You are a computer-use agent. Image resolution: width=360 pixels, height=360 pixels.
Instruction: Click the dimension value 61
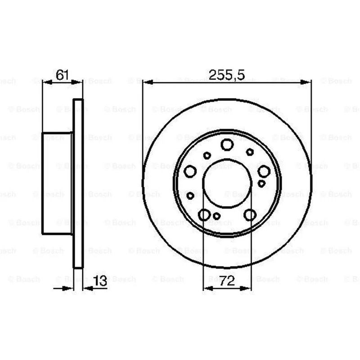point(63,75)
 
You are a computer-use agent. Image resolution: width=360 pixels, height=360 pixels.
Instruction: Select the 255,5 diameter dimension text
point(227,75)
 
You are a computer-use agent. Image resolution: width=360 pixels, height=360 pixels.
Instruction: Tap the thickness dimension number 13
point(100,280)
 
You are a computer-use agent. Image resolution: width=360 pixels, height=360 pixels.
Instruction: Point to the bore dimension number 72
point(227,280)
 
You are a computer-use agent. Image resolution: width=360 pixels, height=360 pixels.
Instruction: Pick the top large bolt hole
point(227,144)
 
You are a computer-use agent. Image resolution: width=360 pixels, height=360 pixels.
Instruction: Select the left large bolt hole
point(190,171)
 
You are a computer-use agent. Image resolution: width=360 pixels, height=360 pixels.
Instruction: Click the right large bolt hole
point(264,171)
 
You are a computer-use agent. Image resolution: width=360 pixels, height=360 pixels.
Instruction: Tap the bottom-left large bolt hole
point(204,215)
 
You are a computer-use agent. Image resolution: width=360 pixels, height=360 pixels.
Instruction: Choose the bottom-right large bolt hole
point(250,215)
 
